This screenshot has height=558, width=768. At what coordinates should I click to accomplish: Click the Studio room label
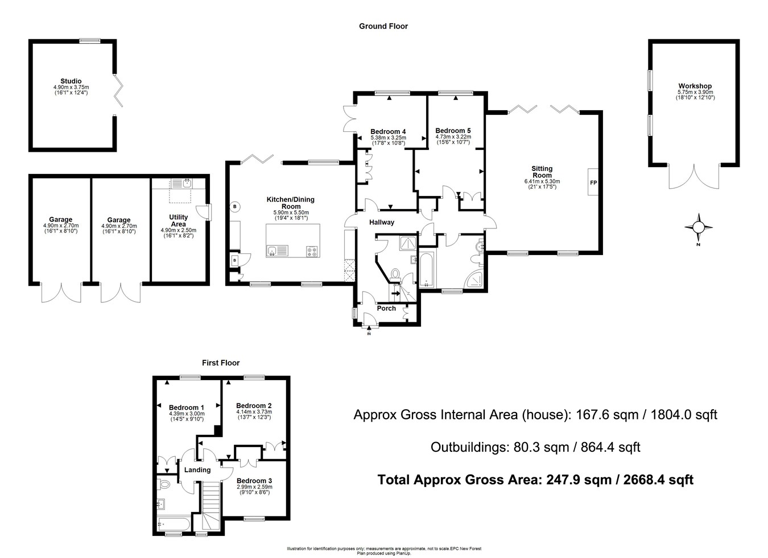click(x=71, y=81)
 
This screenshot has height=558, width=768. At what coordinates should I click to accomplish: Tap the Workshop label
click(x=695, y=86)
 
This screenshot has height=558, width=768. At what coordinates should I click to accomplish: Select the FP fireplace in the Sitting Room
click(x=593, y=182)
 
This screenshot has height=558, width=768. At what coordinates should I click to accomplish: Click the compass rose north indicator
click(x=699, y=227)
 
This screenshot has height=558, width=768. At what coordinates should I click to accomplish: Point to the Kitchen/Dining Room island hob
click(x=312, y=251)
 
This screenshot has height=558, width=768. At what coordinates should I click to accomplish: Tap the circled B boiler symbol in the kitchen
click(x=235, y=207)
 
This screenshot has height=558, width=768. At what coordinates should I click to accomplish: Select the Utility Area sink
click(x=181, y=184)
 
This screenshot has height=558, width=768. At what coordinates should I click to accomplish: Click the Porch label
click(x=386, y=309)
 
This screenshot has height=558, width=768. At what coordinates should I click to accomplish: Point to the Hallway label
click(x=382, y=222)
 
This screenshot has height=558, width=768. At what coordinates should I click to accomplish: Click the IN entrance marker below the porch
click(x=369, y=334)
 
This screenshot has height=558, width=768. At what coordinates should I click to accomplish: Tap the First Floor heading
click(x=221, y=363)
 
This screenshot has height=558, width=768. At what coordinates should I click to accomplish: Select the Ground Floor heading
click(x=383, y=26)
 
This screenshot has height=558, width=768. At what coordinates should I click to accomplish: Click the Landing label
click(x=197, y=469)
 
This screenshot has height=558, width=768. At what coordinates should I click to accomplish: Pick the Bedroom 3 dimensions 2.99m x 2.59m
click(x=255, y=487)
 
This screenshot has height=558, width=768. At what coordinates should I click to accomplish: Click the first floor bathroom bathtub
click(x=174, y=524)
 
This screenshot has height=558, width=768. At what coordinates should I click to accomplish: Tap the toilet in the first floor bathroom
click(x=163, y=484)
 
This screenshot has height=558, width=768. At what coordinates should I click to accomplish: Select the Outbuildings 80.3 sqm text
click(x=535, y=447)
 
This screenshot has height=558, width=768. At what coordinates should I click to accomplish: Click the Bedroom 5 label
click(x=453, y=131)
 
